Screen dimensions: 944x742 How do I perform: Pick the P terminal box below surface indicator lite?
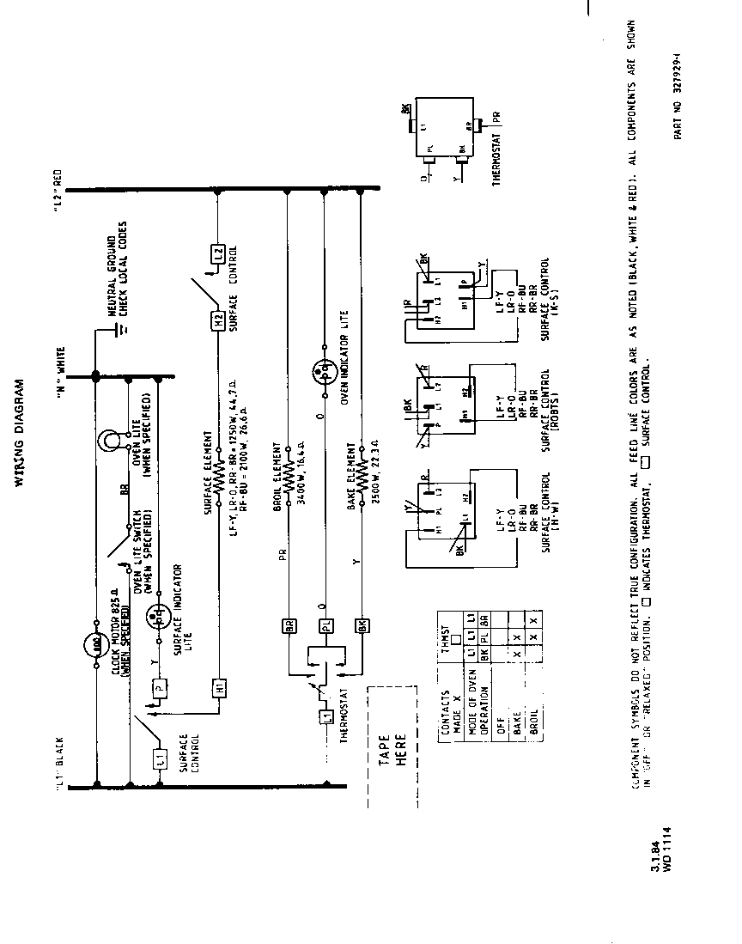tap(158, 686)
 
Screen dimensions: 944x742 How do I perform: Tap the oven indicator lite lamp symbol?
tap(325, 371)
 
